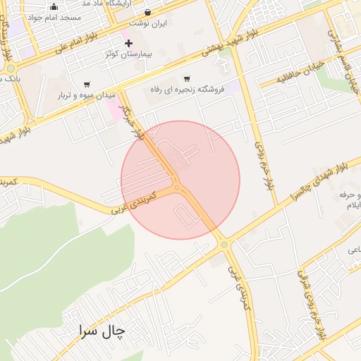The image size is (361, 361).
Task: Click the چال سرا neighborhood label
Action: (100, 330)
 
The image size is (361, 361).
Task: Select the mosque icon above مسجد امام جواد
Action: (54, 6)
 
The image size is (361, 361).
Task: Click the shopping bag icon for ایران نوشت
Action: (147, 12)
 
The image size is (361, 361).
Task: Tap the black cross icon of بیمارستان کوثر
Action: (128, 43)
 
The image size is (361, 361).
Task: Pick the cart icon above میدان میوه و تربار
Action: (87, 84)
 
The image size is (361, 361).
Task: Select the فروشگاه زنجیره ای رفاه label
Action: (187, 90)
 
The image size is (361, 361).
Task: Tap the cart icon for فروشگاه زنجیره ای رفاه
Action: (186, 79)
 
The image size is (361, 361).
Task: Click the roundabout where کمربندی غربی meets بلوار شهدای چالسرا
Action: (225, 244)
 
